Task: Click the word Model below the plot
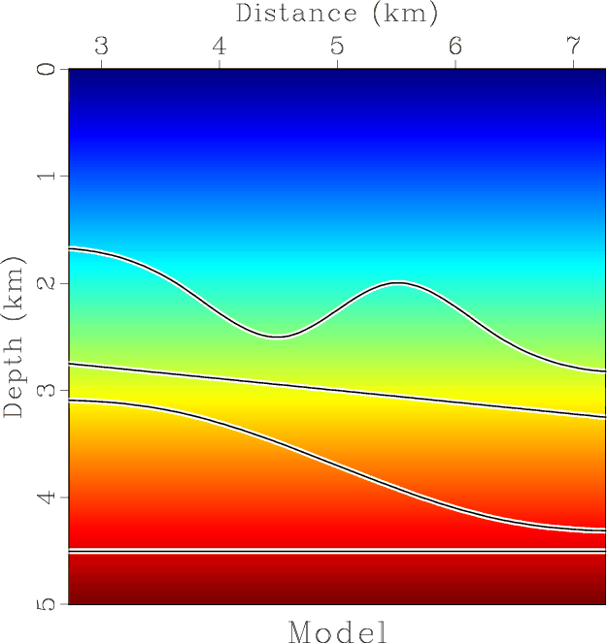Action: (338, 631)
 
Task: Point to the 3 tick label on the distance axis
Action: (102, 46)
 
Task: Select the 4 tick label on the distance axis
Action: (219, 46)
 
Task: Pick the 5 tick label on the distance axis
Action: (337, 46)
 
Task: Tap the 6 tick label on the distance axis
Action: (455, 46)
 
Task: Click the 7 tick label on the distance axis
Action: (572, 46)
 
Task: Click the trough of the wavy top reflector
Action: (278, 337)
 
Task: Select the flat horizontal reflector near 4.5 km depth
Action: (337, 551)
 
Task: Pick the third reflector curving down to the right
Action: (337, 464)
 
